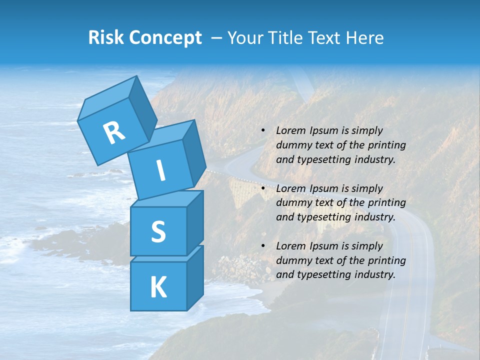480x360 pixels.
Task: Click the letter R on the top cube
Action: coord(114,133)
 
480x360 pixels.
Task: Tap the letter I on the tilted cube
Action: coord(160,170)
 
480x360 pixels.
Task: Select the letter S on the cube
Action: coord(158,231)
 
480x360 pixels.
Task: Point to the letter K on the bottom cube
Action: coord(158,287)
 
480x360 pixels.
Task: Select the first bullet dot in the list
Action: coord(263,131)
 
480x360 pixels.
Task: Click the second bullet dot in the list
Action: coord(263,189)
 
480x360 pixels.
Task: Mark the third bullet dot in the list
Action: coord(263,246)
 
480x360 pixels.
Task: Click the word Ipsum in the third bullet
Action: coord(325,246)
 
